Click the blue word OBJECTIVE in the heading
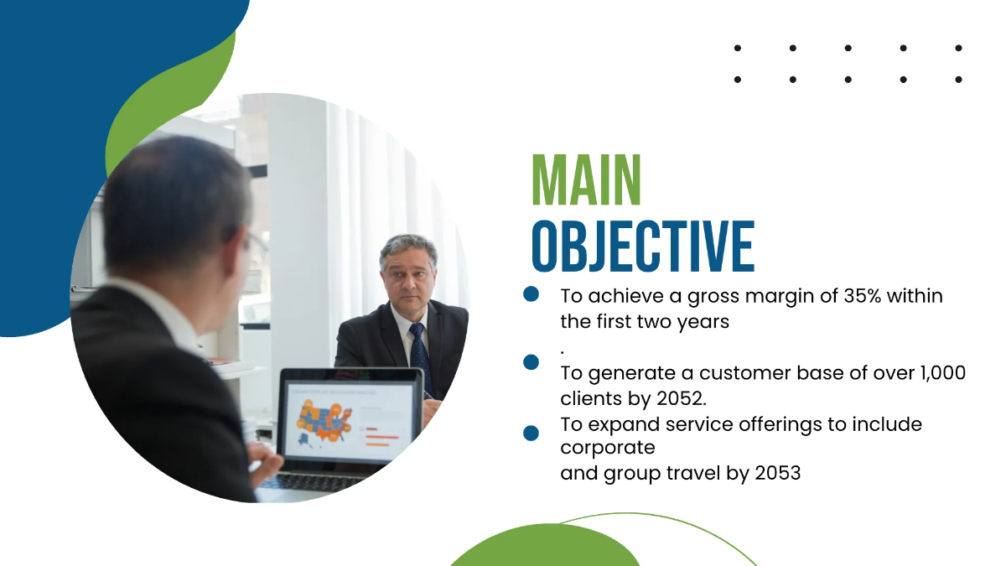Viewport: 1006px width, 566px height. (643, 247)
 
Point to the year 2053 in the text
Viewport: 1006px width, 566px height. (777, 473)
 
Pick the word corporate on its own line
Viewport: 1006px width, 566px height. (607, 448)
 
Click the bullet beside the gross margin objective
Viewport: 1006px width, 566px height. (531, 294)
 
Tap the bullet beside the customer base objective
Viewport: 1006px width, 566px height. (531, 362)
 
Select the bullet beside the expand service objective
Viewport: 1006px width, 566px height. (531, 433)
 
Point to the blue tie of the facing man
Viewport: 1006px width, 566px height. (419, 356)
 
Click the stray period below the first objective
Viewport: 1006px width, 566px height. (563, 350)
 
